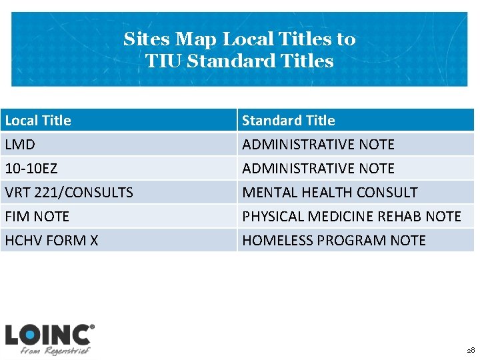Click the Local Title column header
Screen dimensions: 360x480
[38, 121]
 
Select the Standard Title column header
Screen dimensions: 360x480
[289, 121]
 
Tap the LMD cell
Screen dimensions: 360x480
[20, 145]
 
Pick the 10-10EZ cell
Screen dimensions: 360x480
[31, 169]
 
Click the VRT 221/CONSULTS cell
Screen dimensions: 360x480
[69, 193]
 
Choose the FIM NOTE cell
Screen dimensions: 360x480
[37, 217]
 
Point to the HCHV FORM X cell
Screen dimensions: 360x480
[51, 241]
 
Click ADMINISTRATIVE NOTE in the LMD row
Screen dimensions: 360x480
[318, 145]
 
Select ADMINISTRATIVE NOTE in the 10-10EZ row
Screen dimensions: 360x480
[318, 169]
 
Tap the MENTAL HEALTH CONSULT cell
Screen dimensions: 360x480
[329, 193]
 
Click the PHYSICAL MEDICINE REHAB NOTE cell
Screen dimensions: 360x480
[351, 217]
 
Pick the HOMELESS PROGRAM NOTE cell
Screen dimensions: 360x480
[333, 241]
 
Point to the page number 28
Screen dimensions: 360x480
[471, 350]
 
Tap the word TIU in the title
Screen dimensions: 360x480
[164, 61]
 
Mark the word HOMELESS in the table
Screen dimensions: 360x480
[273, 241]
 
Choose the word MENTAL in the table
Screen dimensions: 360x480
[265, 193]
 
